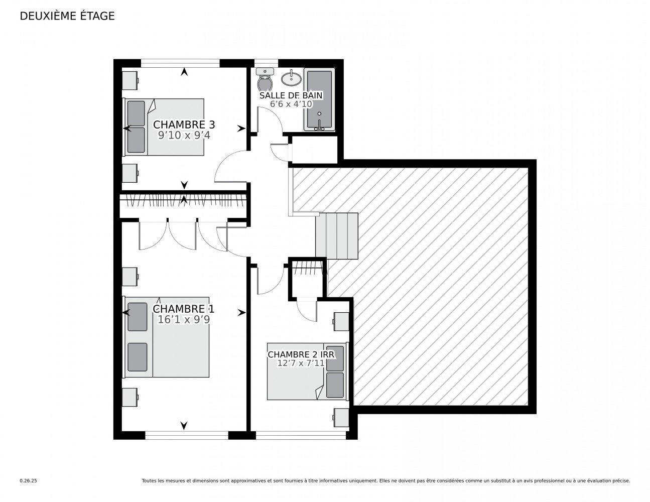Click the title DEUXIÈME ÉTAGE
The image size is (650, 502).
coord(67,16)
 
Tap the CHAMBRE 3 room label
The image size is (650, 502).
coord(180,124)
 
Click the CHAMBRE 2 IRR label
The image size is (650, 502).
coord(301,354)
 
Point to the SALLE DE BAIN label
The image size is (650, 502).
coord(291,95)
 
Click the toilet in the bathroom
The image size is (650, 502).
coord(265,80)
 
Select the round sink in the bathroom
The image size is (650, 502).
coord(291,78)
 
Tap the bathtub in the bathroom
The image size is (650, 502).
coord(319,100)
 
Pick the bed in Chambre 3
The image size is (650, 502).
coord(164,127)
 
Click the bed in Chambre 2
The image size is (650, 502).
coord(307,371)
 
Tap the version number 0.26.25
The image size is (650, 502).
coord(29,480)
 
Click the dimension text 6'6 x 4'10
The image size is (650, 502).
coord(291,104)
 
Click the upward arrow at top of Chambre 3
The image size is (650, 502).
coord(184,72)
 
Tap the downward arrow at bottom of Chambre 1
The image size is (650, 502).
coord(184,426)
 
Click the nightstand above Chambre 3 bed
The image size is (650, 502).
coord(131,79)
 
